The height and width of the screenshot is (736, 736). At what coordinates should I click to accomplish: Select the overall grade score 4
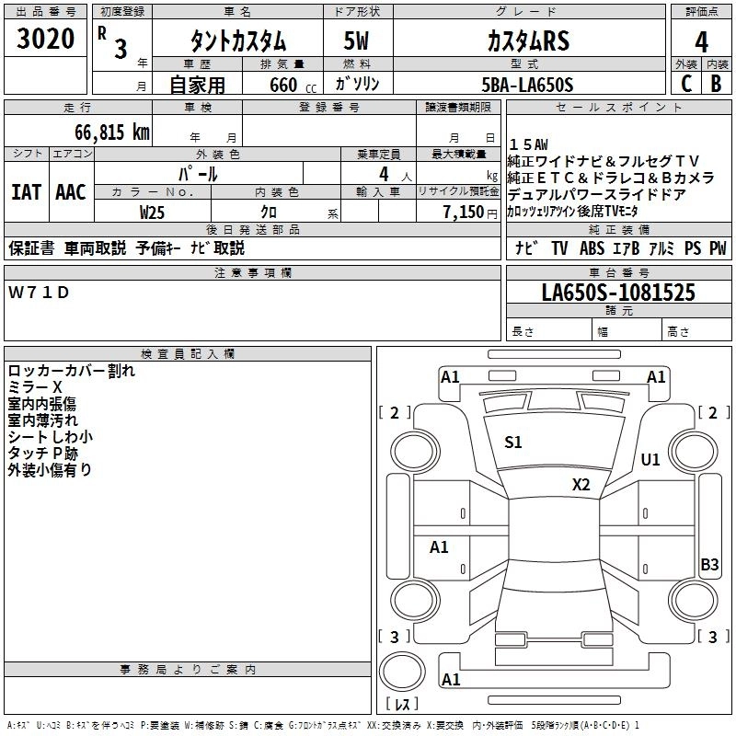click(x=701, y=42)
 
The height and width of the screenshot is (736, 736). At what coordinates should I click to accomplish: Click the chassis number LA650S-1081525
click(x=618, y=293)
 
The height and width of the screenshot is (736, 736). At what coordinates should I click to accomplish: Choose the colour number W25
click(x=153, y=212)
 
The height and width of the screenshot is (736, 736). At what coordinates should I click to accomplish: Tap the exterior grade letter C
click(x=685, y=84)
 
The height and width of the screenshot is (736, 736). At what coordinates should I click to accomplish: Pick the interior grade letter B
click(x=716, y=84)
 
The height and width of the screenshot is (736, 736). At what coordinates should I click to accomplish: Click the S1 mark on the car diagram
click(x=513, y=443)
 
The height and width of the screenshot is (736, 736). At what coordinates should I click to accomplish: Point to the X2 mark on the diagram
click(x=581, y=484)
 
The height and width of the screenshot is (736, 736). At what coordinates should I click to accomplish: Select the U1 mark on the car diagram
click(x=650, y=459)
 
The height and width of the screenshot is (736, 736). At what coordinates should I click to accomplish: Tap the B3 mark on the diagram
click(x=709, y=565)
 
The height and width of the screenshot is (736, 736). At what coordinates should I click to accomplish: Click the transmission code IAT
click(x=26, y=191)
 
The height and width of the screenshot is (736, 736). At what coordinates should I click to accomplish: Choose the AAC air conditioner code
click(x=71, y=191)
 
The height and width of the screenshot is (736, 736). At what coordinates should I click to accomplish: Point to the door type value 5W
click(x=358, y=42)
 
